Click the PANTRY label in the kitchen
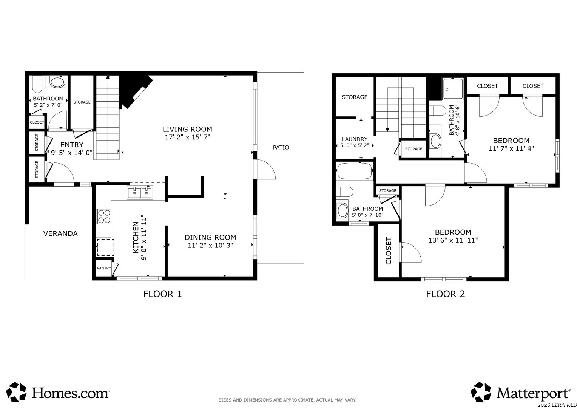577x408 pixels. pyautogui.click(x=104, y=268)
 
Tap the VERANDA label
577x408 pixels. pyautogui.click(x=60, y=233)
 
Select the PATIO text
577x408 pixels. pyautogui.click(x=281, y=147)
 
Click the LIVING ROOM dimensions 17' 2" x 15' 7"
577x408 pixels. pyautogui.click(x=188, y=137)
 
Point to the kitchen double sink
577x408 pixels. pyautogui.click(x=140, y=192)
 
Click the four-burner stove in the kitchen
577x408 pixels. pyautogui.click(x=104, y=216)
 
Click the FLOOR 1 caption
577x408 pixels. pyautogui.click(x=162, y=294)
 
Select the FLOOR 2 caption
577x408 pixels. pyautogui.click(x=446, y=294)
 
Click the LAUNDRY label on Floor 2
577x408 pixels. pyautogui.click(x=355, y=139)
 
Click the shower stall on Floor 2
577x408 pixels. pyautogui.click(x=453, y=89)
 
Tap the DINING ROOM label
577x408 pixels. pyautogui.click(x=210, y=237)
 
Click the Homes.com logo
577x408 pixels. pyautogui.click(x=58, y=392)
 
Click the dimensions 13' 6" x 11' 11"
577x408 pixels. pyautogui.click(x=453, y=240)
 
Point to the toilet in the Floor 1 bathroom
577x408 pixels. pyautogui.click(x=37, y=84)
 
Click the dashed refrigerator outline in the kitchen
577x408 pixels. pyautogui.click(x=105, y=247)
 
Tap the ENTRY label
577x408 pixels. pyautogui.click(x=72, y=145)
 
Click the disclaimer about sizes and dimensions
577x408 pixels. pyautogui.click(x=287, y=400)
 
